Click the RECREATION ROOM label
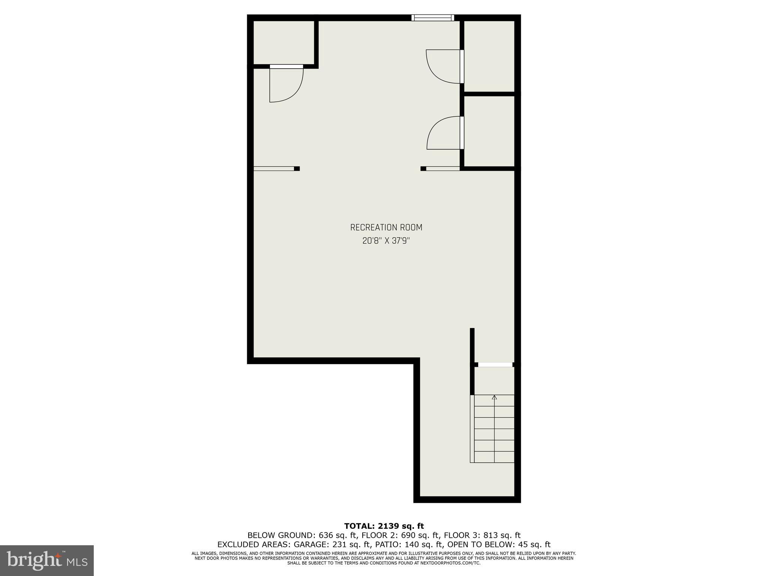pyautogui.click(x=386, y=228)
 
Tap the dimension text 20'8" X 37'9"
pyautogui.click(x=386, y=241)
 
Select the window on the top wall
pyautogui.click(x=432, y=18)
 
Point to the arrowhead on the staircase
pyautogui.click(x=494, y=397)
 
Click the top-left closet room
pyautogui.click(x=284, y=42)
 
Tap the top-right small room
pyautogui.click(x=489, y=55)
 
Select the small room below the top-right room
pyautogui.click(x=489, y=131)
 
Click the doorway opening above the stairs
pyautogui.click(x=495, y=364)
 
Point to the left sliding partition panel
pyautogui.click(x=274, y=168)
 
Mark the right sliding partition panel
pyautogui.click(x=443, y=168)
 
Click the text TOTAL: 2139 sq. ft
pyautogui.click(x=384, y=526)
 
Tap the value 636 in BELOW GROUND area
pyautogui.click(x=325, y=535)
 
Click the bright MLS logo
pyautogui.click(x=47, y=560)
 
